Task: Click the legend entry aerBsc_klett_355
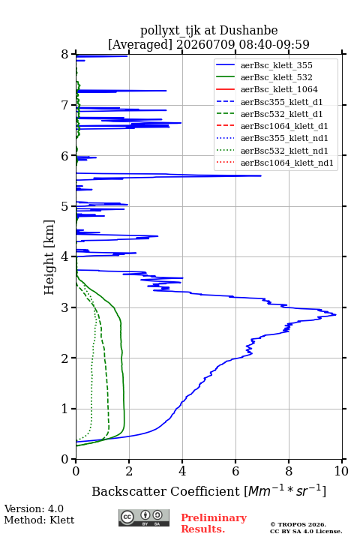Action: [x=276, y=65]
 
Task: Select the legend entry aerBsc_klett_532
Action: [x=276, y=77]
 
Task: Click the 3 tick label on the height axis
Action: [x=65, y=307]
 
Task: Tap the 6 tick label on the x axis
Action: [x=235, y=471]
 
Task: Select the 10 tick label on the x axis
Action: [x=341, y=471]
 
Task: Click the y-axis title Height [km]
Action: [x=49, y=257]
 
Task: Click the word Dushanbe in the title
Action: [x=248, y=31]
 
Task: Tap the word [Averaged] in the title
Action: [x=140, y=44]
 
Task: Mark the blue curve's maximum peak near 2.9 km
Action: [x=336, y=314]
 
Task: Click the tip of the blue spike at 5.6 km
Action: [x=261, y=175]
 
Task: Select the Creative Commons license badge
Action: [x=144, y=517]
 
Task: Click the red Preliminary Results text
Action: [x=214, y=523]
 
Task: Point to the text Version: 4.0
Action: [x=34, y=508]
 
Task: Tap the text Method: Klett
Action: [x=39, y=520]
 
